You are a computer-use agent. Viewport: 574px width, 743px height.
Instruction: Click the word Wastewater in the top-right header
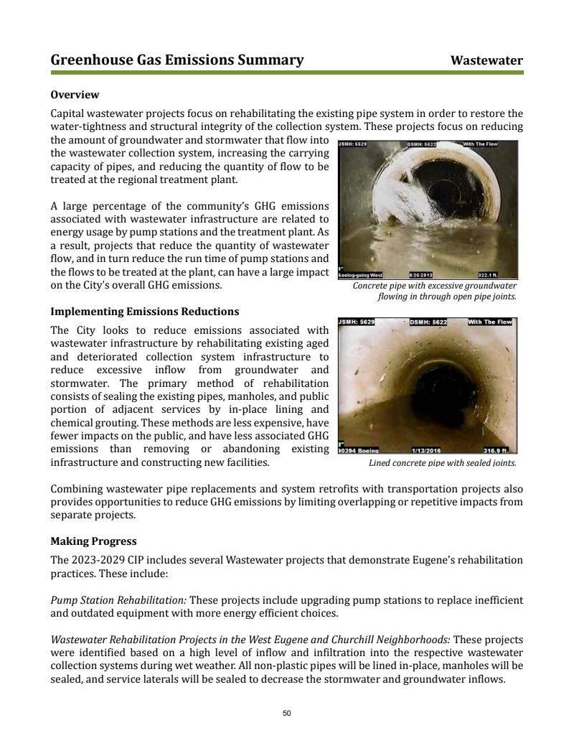(x=486, y=60)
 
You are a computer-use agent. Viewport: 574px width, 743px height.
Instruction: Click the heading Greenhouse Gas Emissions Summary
(x=177, y=60)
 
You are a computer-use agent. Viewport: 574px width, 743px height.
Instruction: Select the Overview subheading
(x=75, y=95)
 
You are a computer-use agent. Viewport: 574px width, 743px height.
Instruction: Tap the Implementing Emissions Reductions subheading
(x=144, y=312)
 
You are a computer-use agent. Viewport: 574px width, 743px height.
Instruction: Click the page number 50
(x=287, y=713)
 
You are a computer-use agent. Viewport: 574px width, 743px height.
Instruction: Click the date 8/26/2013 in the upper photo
(x=420, y=274)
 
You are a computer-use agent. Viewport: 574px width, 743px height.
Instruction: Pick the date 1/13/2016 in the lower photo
(x=426, y=451)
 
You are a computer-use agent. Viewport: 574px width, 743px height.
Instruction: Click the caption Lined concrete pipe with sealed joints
(x=442, y=463)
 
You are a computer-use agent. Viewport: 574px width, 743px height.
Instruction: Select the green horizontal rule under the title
(x=287, y=73)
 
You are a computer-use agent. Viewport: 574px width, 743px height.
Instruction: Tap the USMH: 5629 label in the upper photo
(x=353, y=144)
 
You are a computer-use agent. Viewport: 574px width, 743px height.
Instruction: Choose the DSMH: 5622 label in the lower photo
(x=428, y=322)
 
